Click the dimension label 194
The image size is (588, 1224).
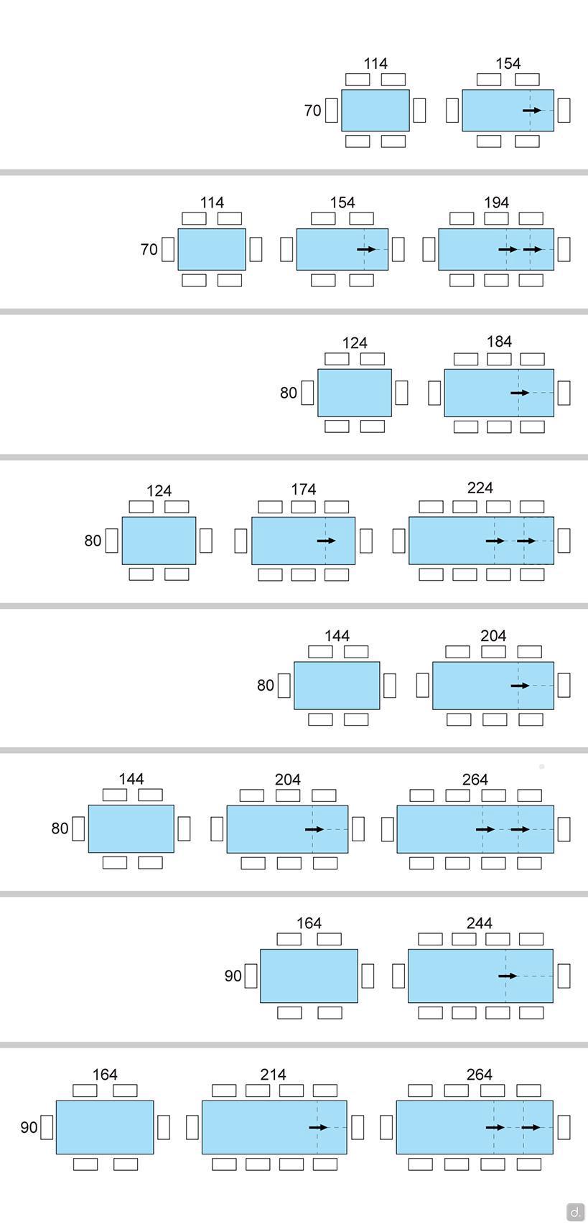coord(496,202)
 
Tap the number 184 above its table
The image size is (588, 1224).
coord(499,342)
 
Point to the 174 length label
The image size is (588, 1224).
coord(303,489)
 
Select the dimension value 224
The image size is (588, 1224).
coord(480,488)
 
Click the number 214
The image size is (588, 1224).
coord(273,1075)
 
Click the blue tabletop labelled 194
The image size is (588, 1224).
coord(467,249)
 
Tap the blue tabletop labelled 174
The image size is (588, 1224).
coord(287,541)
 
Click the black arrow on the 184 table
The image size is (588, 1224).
coord(520,393)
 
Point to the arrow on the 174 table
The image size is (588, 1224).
coord(326,541)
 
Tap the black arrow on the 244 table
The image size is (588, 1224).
coord(508,976)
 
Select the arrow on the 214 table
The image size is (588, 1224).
coord(318,1127)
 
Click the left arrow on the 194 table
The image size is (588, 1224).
coord(508,249)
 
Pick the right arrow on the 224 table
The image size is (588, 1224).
coord(526,541)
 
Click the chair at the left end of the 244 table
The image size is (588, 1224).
coord(399,976)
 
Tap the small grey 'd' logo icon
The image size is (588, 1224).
coord(575,1212)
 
